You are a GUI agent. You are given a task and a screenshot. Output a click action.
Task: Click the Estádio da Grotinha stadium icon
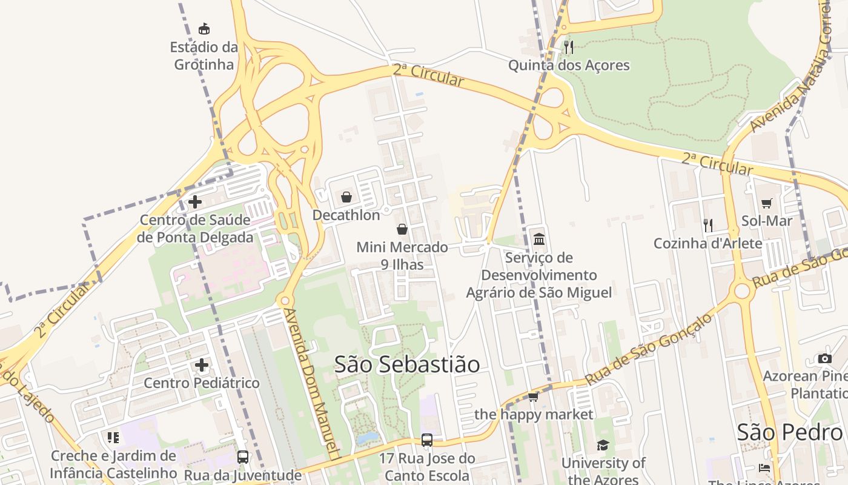(x=204, y=28)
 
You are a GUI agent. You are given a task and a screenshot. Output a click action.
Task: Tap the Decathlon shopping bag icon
(x=346, y=197)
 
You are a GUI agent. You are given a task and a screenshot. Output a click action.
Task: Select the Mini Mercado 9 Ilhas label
(x=402, y=255)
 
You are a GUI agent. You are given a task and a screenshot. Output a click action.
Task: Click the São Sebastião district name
(x=407, y=364)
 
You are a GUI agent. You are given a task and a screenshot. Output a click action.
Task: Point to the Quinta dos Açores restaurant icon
(x=568, y=47)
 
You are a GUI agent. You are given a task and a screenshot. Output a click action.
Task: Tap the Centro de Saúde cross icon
(x=195, y=202)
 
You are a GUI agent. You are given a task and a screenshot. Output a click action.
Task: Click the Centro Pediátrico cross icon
(x=202, y=365)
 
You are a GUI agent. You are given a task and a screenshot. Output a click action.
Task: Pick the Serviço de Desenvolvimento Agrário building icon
(x=538, y=239)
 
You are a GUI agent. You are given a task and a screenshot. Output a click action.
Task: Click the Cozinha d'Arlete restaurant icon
(x=707, y=225)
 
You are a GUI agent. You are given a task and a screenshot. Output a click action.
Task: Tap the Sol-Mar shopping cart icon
(x=767, y=203)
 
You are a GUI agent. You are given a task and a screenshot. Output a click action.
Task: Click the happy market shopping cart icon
(x=533, y=396)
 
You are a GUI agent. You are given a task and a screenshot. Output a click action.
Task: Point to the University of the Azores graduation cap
(x=603, y=446)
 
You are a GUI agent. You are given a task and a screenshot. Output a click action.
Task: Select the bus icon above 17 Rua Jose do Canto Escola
(x=427, y=440)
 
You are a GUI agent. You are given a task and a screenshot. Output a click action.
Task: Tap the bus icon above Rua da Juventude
(x=242, y=457)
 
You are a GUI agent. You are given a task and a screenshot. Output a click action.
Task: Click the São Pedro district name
(x=789, y=432)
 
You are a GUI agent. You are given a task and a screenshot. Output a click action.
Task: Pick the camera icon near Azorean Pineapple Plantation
(x=824, y=358)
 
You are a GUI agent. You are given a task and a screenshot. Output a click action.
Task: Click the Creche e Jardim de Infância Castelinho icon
(x=113, y=437)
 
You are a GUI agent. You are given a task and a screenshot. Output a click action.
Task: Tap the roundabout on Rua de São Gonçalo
(x=742, y=291)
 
